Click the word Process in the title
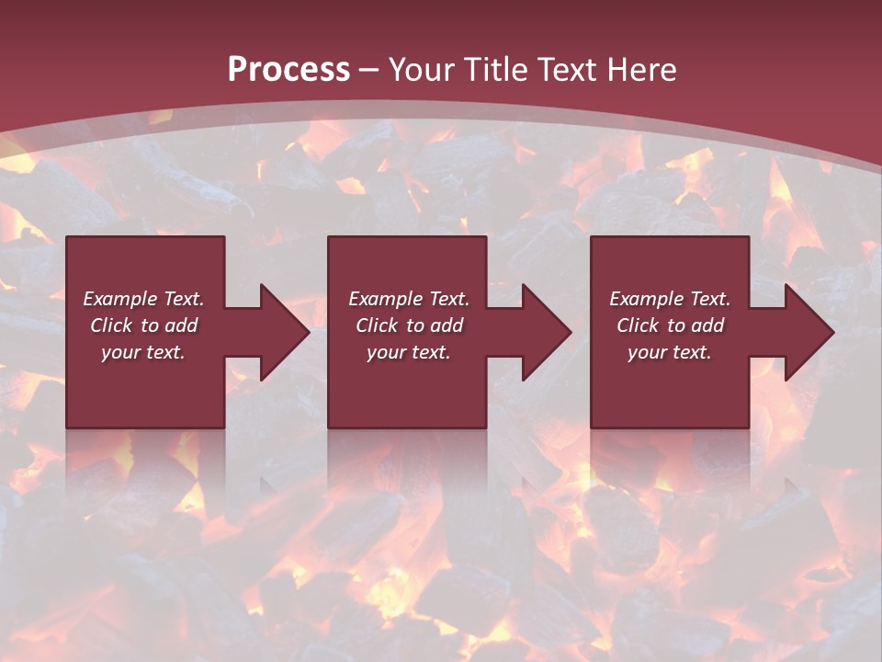(x=288, y=70)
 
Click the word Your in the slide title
(x=423, y=70)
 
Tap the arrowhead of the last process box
(x=808, y=332)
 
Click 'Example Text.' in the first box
(x=143, y=299)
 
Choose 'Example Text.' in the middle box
(x=409, y=299)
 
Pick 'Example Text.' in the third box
(x=670, y=299)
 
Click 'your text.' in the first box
(x=143, y=352)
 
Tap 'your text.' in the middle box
(x=409, y=352)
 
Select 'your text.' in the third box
(x=670, y=352)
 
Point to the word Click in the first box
(x=112, y=325)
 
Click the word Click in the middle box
(x=378, y=325)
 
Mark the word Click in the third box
(x=639, y=325)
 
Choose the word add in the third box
(x=707, y=325)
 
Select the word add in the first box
(x=180, y=325)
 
